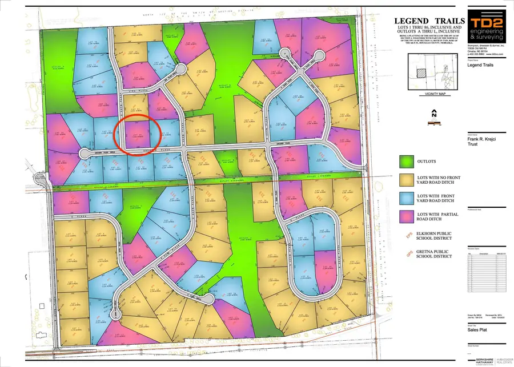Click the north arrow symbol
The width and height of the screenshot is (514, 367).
point(433,113)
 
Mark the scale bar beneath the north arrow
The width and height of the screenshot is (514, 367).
point(433,122)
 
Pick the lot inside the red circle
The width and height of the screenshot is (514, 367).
point(137,135)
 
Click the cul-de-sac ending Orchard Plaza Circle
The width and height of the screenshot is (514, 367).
point(84,153)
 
